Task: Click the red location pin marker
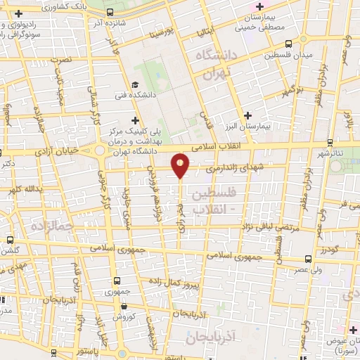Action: point(181,165)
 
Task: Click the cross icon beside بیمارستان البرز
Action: point(247,115)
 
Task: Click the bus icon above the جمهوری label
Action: point(114,276)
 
